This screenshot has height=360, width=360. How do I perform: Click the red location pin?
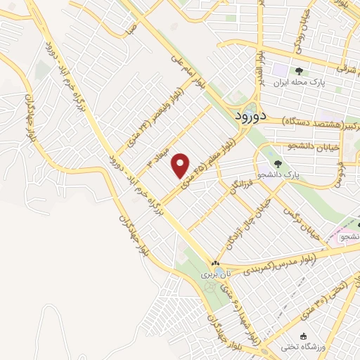coord(181,165)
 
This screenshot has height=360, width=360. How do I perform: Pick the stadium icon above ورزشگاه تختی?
coord(303,336)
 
